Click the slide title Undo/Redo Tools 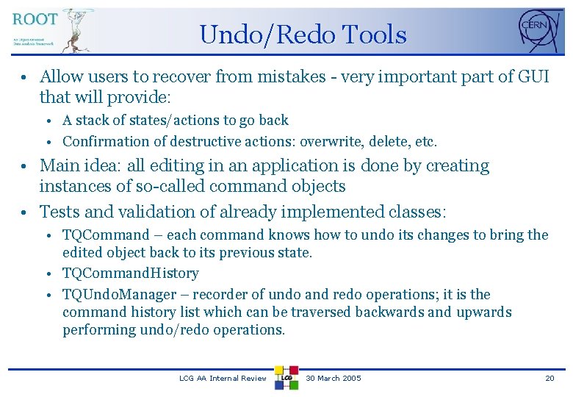coord(302,35)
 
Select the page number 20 coord(549,378)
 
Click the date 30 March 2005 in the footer coord(333,378)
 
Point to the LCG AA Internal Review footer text coord(223,378)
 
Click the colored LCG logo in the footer coord(286,378)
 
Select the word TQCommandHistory coord(131,273)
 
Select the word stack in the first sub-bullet coord(91,120)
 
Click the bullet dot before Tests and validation coord(24,212)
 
